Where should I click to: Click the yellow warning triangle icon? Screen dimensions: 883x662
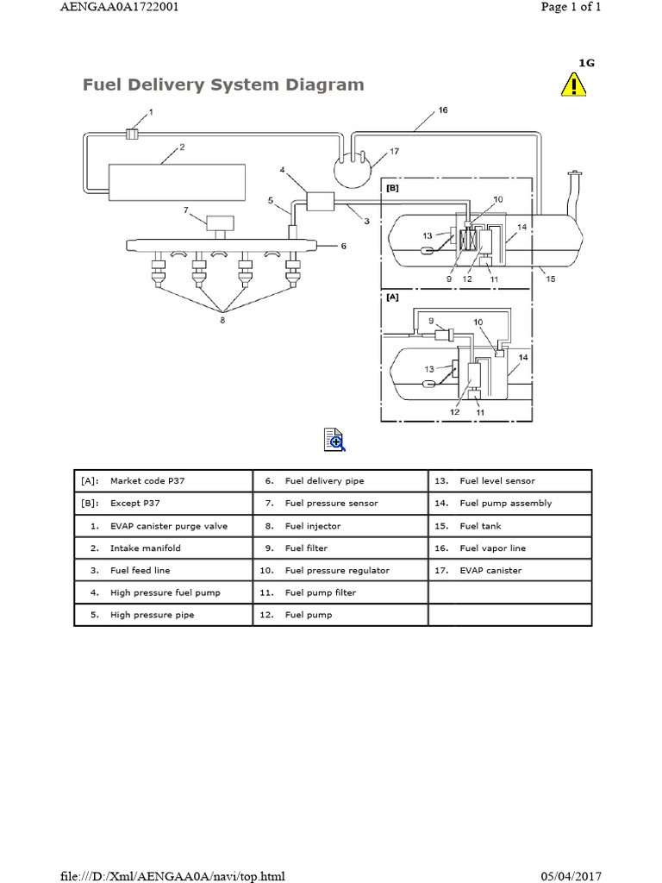click(574, 85)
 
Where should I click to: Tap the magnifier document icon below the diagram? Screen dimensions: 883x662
click(334, 440)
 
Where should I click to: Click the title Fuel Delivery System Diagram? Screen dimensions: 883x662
click(222, 85)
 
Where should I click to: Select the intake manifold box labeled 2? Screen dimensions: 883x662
click(174, 181)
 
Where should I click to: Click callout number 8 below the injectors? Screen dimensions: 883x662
click(222, 320)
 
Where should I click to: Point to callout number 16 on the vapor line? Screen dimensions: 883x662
click(442, 110)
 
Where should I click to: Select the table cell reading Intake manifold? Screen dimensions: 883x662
click(145, 548)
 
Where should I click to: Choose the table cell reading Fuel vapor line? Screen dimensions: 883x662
click(492, 548)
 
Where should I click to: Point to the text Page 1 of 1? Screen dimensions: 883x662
click(571, 7)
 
